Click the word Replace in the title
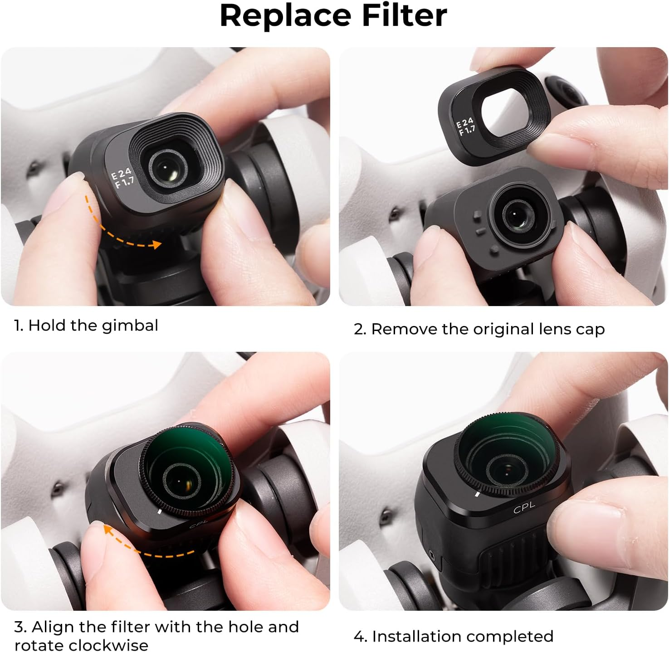click(285, 16)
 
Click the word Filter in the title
click(404, 16)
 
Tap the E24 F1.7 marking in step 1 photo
click(122, 177)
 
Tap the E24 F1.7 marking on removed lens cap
click(466, 127)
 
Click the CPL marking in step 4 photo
click(524, 508)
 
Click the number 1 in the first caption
click(18, 326)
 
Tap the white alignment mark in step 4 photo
click(477, 494)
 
